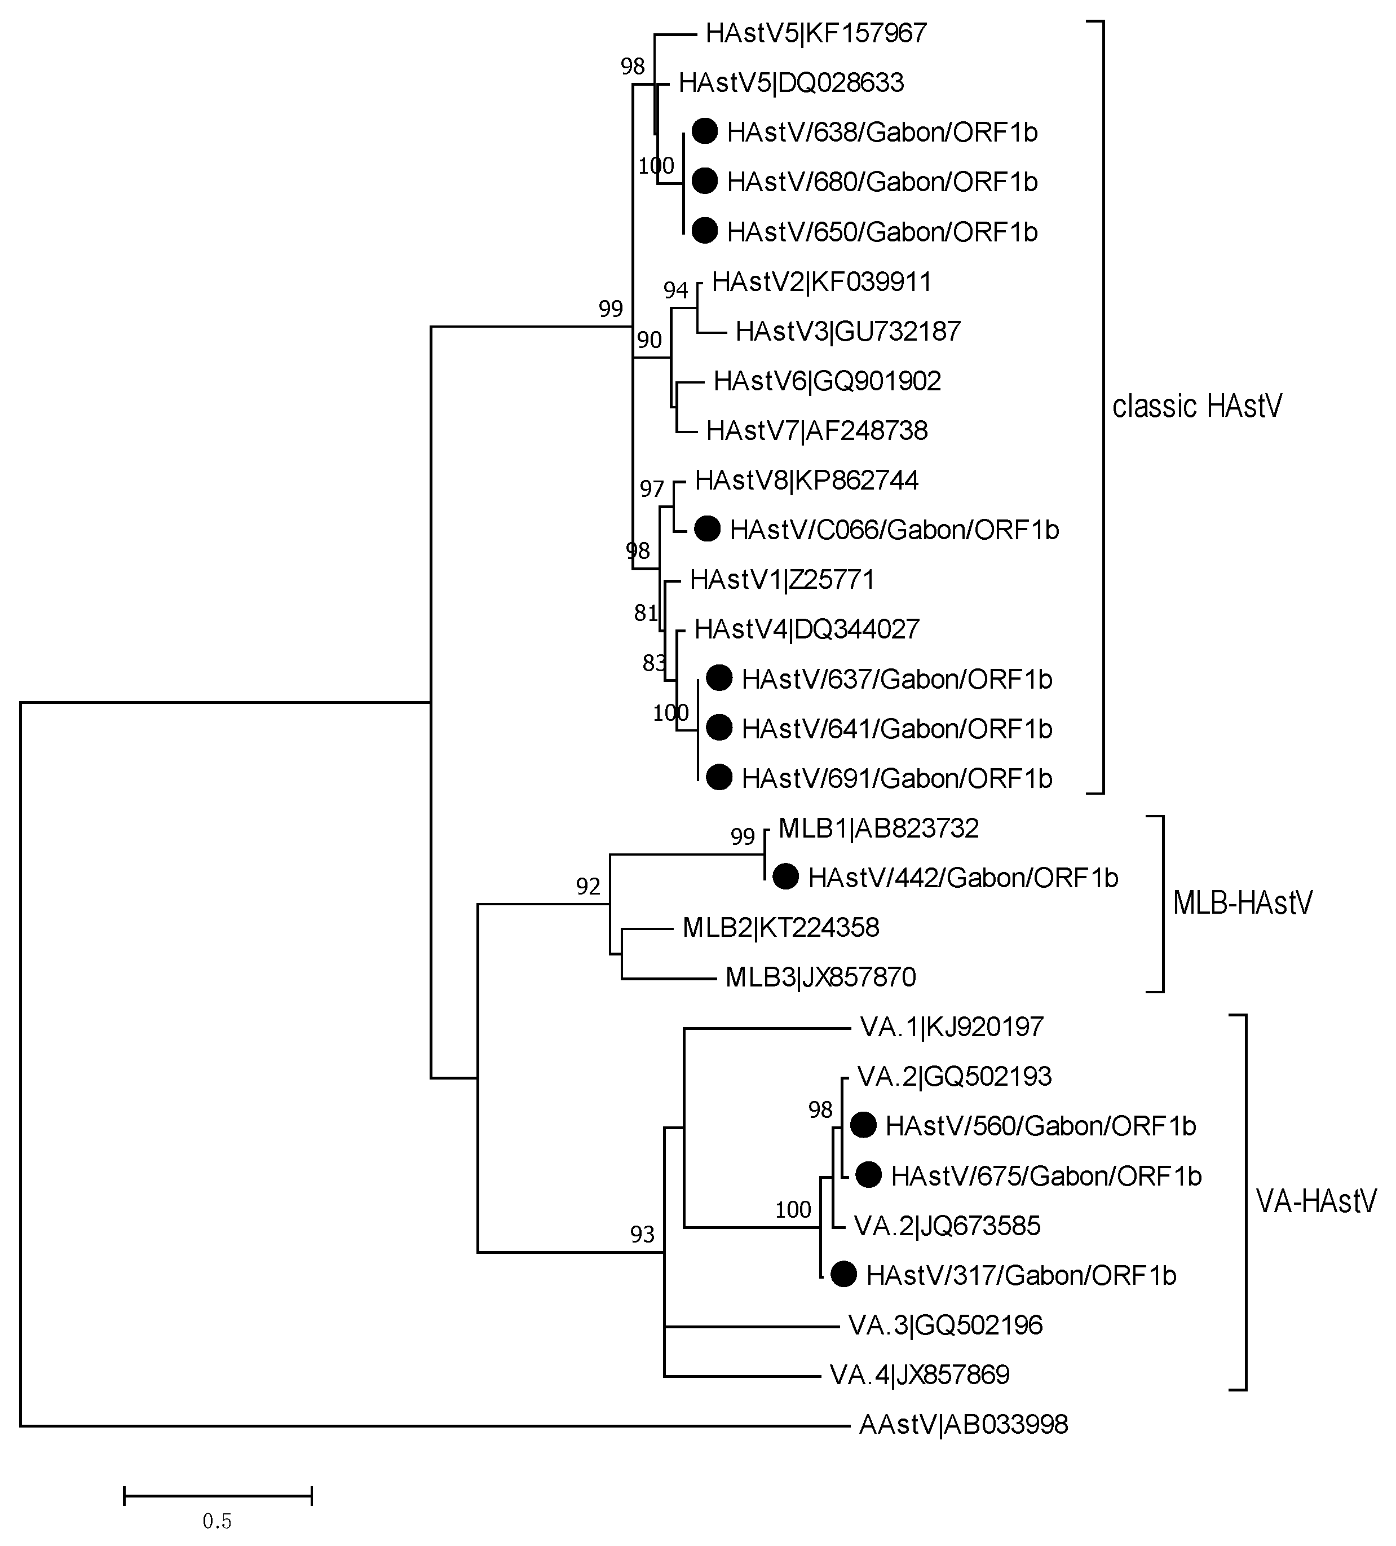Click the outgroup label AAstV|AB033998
[963, 1425]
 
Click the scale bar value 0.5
[217, 1521]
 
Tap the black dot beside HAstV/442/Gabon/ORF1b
[785, 876]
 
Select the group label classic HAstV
[1196, 407]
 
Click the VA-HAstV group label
[1315, 1201]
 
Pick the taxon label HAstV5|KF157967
[816, 33]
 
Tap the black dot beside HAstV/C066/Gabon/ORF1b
[707, 528]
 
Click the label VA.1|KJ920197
[951, 1027]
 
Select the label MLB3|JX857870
[820, 977]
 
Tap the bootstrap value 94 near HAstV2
[675, 290]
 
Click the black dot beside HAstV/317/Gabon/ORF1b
[843, 1275]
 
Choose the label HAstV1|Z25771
[782, 580]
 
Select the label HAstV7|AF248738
[816, 431]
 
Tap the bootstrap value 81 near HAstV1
[646, 613]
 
